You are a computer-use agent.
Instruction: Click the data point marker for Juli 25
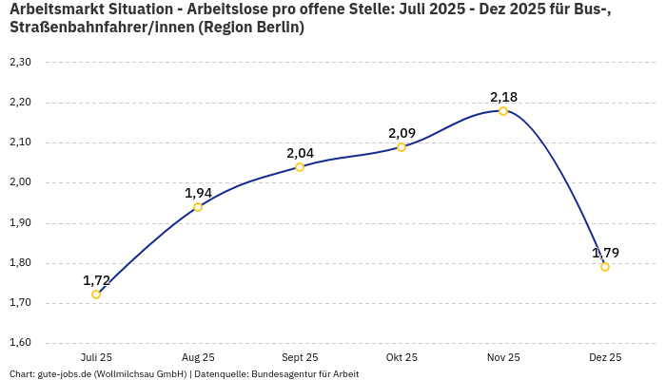point(96,294)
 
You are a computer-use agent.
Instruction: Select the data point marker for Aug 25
point(198,207)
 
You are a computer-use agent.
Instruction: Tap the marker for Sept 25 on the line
point(300,167)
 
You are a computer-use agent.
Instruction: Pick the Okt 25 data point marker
point(402,147)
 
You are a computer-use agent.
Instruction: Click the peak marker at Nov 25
point(503,111)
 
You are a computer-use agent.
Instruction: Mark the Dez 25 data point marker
point(605,267)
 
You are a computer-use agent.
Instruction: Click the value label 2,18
point(503,97)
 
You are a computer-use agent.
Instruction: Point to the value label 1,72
point(96,280)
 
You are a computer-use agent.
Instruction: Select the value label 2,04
point(300,153)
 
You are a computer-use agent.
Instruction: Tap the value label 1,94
point(198,193)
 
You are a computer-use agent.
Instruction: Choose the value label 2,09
point(402,133)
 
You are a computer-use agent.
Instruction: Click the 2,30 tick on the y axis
point(20,63)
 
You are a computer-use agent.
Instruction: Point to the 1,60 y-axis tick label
point(20,344)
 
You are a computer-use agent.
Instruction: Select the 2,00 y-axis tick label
point(20,183)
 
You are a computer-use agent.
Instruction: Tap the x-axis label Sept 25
point(300,357)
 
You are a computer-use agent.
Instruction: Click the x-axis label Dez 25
point(605,357)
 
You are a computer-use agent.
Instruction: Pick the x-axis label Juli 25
point(96,357)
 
